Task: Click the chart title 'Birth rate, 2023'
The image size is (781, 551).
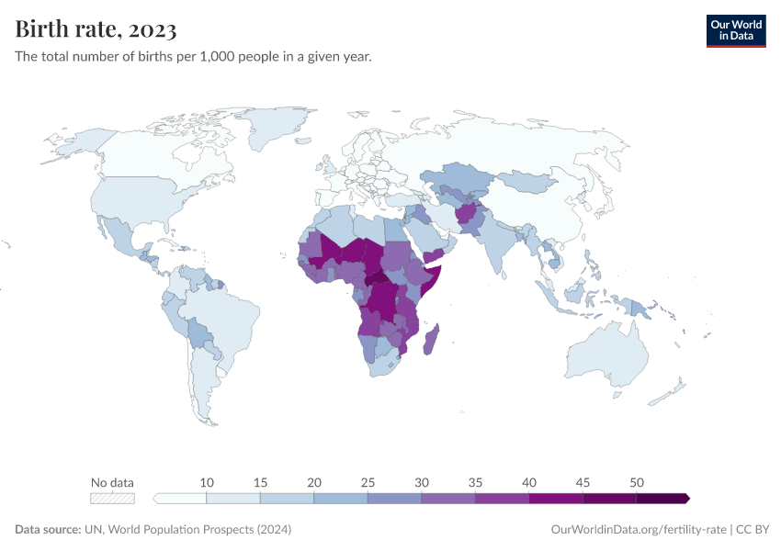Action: pos(96,30)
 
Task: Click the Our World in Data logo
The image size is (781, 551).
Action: pos(735,30)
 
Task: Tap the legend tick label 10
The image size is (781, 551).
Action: pos(207,482)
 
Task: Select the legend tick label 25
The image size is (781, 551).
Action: pos(368,482)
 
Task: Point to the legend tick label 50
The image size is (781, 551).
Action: pos(636,482)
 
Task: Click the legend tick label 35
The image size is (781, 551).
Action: pos(475,482)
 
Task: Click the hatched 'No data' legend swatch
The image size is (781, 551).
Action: pos(112,499)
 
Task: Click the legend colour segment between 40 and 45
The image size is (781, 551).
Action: pos(556,499)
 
